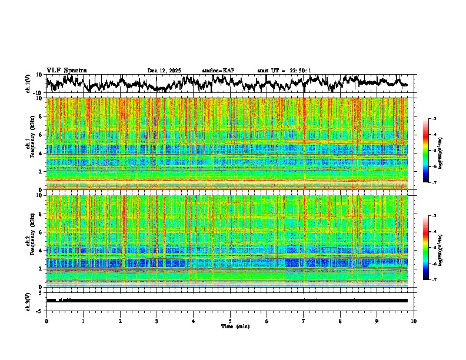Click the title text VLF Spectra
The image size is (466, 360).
66,70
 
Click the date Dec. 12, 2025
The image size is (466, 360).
164,71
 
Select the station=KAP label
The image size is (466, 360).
218,71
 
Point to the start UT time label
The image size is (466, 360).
284,71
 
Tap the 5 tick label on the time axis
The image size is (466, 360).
230,321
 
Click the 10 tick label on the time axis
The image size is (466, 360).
414,321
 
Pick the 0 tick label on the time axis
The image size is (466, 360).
46,321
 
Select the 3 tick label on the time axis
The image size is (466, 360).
157,321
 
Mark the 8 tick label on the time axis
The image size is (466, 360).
340,321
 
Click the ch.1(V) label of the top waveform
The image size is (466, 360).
28,84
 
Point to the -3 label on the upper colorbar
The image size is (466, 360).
441,119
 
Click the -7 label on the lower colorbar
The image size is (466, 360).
441,280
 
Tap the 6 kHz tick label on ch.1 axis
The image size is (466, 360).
41,135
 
